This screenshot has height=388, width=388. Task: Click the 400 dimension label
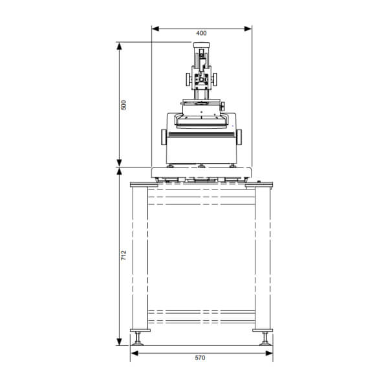click(x=201, y=33)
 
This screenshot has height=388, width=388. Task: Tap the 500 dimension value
click(x=124, y=105)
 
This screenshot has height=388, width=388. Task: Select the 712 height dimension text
click(x=124, y=255)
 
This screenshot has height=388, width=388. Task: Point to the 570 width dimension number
click(x=200, y=358)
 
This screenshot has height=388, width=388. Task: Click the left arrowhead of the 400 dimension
click(x=155, y=29)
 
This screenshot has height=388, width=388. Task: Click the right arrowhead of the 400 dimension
click(x=248, y=29)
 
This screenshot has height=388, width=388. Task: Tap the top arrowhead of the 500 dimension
click(x=119, y=47)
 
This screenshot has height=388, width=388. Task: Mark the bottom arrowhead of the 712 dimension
click(x=119, y=341)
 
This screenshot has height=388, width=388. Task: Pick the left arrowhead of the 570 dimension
click(x=135, y=353)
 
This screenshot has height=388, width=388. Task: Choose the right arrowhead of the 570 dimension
click(x=269, y=353)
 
